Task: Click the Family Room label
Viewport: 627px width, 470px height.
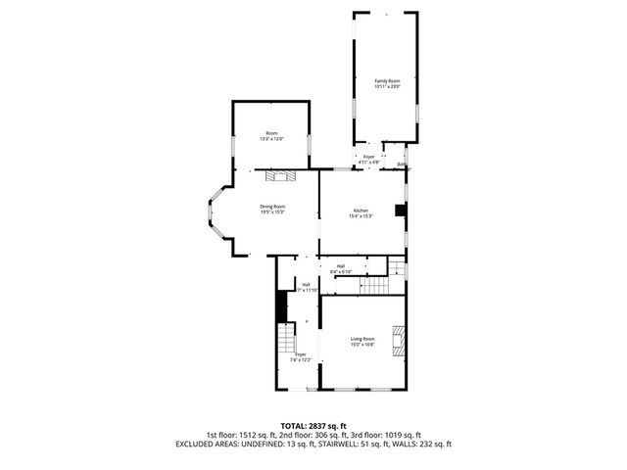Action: [387, 81]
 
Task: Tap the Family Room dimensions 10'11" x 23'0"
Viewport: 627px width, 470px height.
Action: [387, 87]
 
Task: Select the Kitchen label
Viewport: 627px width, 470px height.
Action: [361, 211]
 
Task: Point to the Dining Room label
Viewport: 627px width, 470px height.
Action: [272, 206]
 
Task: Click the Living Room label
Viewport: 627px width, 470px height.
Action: [363, 339]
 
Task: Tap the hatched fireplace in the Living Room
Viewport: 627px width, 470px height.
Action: [398, 339]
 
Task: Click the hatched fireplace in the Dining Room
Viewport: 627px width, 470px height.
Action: [284, 176]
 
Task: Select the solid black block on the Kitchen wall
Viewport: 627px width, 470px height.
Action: [400, 210]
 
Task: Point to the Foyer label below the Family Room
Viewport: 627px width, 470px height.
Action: [369, 157]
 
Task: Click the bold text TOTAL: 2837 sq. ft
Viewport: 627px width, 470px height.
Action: [313, 426]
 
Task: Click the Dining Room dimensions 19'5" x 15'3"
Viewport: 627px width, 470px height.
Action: [272, 211]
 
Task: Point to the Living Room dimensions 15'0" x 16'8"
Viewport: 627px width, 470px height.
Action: [363, 345]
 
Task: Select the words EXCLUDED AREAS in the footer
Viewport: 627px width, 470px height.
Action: [210, 444]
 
